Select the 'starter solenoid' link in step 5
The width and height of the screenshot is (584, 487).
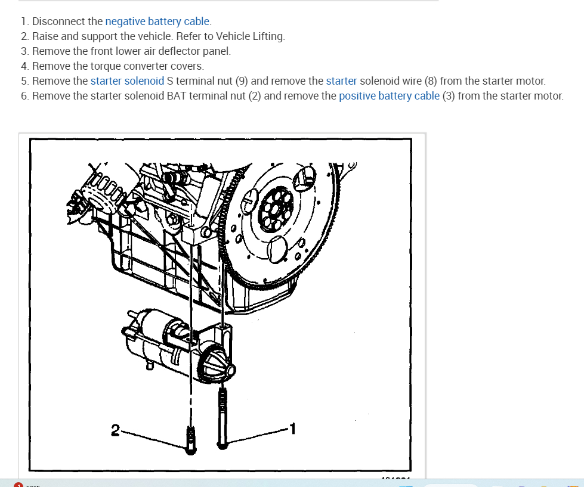pyautogui.click(x=127, y=80)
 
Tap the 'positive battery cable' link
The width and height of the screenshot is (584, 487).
pyautogui.click(x=389, y=95)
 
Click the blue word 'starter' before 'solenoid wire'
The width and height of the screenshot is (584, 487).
pyautogui.click(x=341, y=80)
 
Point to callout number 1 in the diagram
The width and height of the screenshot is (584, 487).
pyautogui.click(x=292, y=427)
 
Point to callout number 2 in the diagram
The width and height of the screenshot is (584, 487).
pyautogui.click(x=115, y=428)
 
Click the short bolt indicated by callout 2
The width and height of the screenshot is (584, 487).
pyautogui.click(x=191, y=441)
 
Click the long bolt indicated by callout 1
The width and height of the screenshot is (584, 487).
pyautogui.click(x=223, y=417)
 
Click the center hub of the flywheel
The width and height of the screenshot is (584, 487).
pyautogui.click(x=276, y=211)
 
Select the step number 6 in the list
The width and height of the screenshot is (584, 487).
pyautogui.click(x=24, y=95)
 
